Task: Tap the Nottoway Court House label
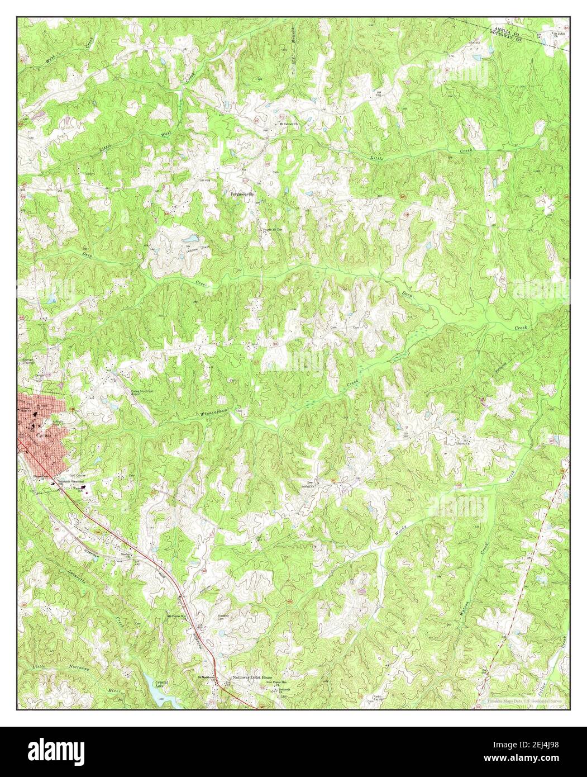252,678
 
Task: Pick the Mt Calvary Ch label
290,124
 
